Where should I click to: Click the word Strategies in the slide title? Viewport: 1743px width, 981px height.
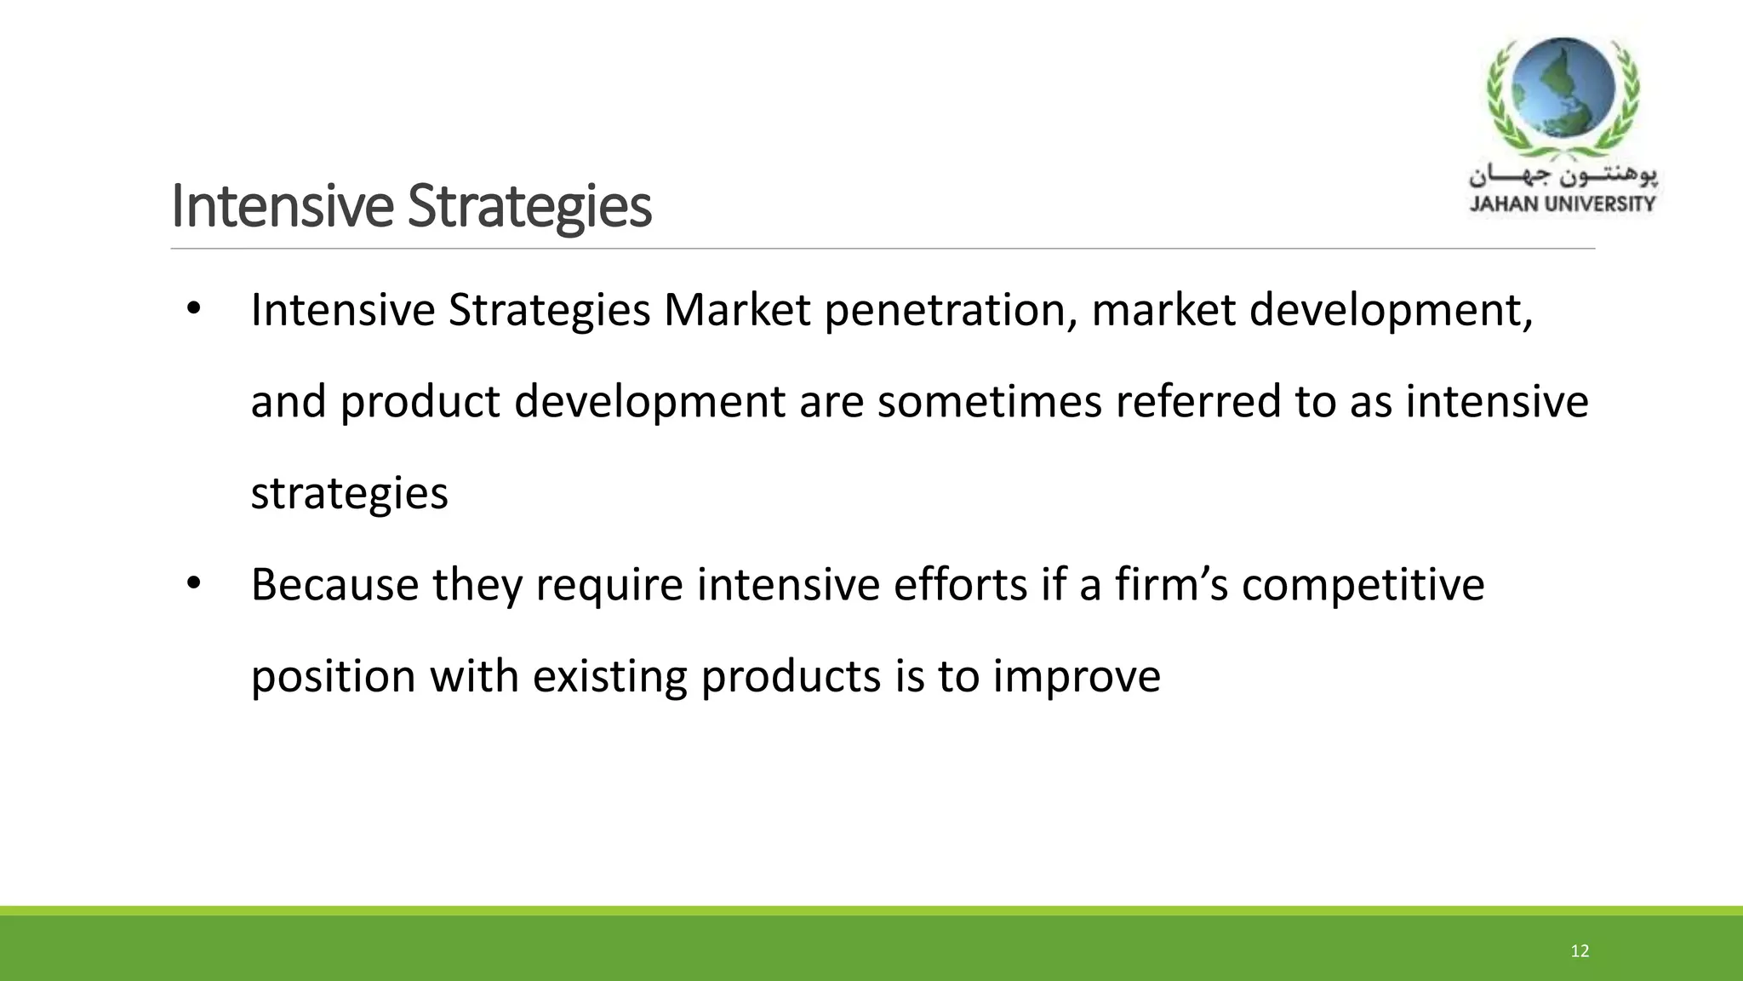(x=529, y=207)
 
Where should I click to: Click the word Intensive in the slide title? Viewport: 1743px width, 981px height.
(x=282, y=207)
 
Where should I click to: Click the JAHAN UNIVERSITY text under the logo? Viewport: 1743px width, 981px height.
(x=1563, y=204)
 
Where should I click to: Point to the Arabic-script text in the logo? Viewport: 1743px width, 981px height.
(x=1563, y=176)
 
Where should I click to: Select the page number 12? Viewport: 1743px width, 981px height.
(x=1580, y=951)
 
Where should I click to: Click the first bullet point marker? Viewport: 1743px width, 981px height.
(x=193, y=309)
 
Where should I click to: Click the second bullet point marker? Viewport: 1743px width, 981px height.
(x=193, y=584)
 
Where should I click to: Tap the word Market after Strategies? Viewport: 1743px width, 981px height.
(x=737, y=310)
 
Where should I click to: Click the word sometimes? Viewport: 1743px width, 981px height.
(x=990, y=401)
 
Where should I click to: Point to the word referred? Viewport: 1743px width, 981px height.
(x=1198, y=401)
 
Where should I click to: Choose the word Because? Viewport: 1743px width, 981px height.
(x=334, y=585)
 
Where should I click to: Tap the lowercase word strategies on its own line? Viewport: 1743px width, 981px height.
(x=349, y=494)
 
